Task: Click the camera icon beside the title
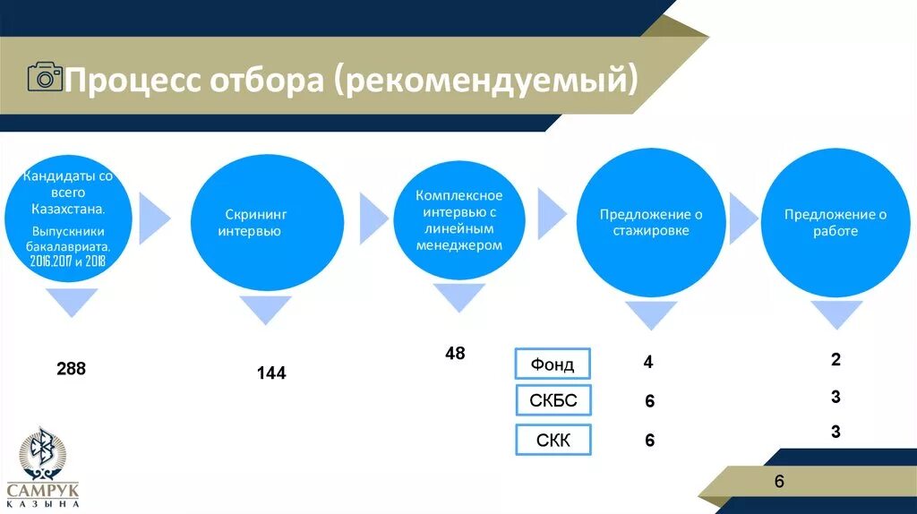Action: point(45,78)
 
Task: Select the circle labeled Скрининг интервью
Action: point(268,223)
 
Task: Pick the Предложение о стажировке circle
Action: point(650,223)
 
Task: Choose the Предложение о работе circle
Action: point(835,223)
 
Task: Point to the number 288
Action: point(71,368)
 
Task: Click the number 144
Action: point(270,373)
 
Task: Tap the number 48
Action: point(455,354)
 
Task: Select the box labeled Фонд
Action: point(553,364)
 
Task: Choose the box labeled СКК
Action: point(553,440)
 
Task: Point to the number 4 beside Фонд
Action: point(647,363)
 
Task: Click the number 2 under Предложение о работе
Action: point(836,360)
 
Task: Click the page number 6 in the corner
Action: point(779,482)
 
